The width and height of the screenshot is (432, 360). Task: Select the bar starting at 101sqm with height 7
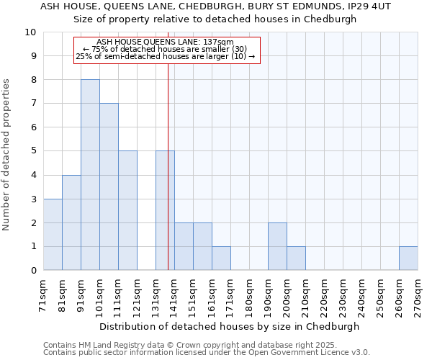tap(109, 186)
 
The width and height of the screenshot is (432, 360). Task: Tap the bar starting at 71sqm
tap(53, 235)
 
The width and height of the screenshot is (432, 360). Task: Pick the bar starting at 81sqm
tap(71, 222)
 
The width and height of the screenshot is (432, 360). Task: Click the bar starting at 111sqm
tap(127, 210)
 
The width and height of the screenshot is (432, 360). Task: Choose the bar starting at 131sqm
tap(165, 210)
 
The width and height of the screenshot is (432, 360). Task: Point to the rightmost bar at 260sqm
tap(408, 258)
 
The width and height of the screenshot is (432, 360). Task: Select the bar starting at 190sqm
tap(277, 246)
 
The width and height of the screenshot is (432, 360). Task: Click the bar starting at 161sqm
tap(221, 258)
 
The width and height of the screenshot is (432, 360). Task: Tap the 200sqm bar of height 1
tap(296, 258)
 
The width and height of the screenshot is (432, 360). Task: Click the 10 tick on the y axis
tap(30, 32)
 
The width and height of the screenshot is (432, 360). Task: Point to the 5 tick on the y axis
tap(33, 151)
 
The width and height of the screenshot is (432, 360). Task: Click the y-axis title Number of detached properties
tap(7, 154)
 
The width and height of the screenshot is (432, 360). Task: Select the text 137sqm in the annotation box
tap(218, 42)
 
